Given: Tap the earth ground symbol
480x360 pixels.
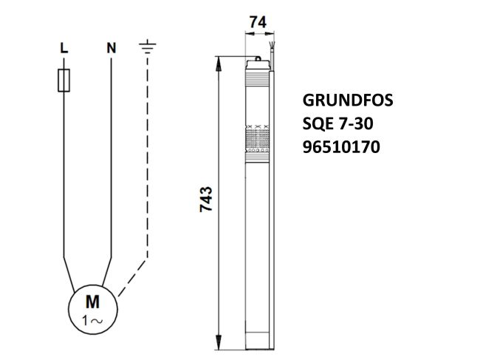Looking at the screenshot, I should tap(148, 49).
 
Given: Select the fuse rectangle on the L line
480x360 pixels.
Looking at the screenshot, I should tap(64, 80).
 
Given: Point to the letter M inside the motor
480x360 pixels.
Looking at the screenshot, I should tap(93, 301).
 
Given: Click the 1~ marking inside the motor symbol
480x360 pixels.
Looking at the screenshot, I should tap(93, 319).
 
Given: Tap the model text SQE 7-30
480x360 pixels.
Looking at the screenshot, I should tap(336, 124).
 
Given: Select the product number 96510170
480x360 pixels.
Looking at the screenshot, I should tap(341, 147).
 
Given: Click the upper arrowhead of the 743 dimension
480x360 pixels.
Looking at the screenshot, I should tap(218, 61).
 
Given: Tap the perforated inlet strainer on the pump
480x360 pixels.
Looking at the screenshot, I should tap(257, 137).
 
